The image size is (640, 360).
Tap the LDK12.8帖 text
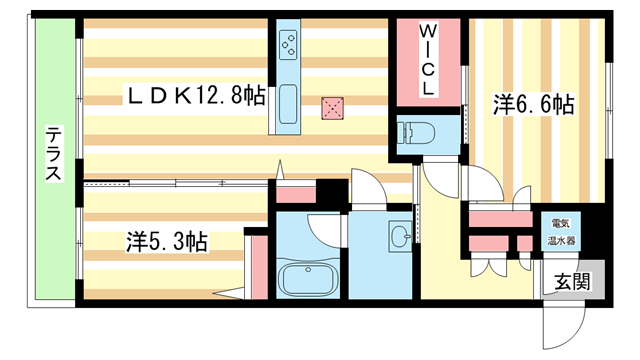tap(195, 96)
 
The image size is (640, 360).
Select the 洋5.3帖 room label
tap(166, 241)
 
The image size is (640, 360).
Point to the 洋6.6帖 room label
tap(533, 103)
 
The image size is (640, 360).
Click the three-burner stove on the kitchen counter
tap(289, 44)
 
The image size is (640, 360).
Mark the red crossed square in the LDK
tap(332, 107)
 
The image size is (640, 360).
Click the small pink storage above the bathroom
tap(296, 193)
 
